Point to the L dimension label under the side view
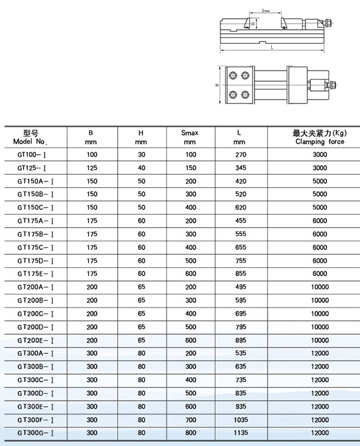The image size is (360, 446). [272, 47]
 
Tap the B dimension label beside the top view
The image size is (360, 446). [217, 85]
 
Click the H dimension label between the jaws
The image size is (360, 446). [253, 23]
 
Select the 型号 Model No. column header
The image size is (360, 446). [35, 137]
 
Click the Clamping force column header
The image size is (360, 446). [320, 137]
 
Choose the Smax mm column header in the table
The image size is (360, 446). [189, 137]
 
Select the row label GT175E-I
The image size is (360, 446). [35, 274]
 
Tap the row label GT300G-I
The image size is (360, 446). [35, 433]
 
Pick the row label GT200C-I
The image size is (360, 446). [35, 313]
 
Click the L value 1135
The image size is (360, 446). [240, 433]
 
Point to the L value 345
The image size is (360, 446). [240, 168]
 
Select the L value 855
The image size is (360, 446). [240, 274]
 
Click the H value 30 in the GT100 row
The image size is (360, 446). [142, 155]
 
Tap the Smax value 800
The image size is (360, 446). [189, 433]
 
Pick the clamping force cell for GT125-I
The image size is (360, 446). [320, 168]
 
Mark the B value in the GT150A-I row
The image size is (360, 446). [92, 181]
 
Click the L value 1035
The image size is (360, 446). [240, 419]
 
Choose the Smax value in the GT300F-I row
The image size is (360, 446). [189, 419]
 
